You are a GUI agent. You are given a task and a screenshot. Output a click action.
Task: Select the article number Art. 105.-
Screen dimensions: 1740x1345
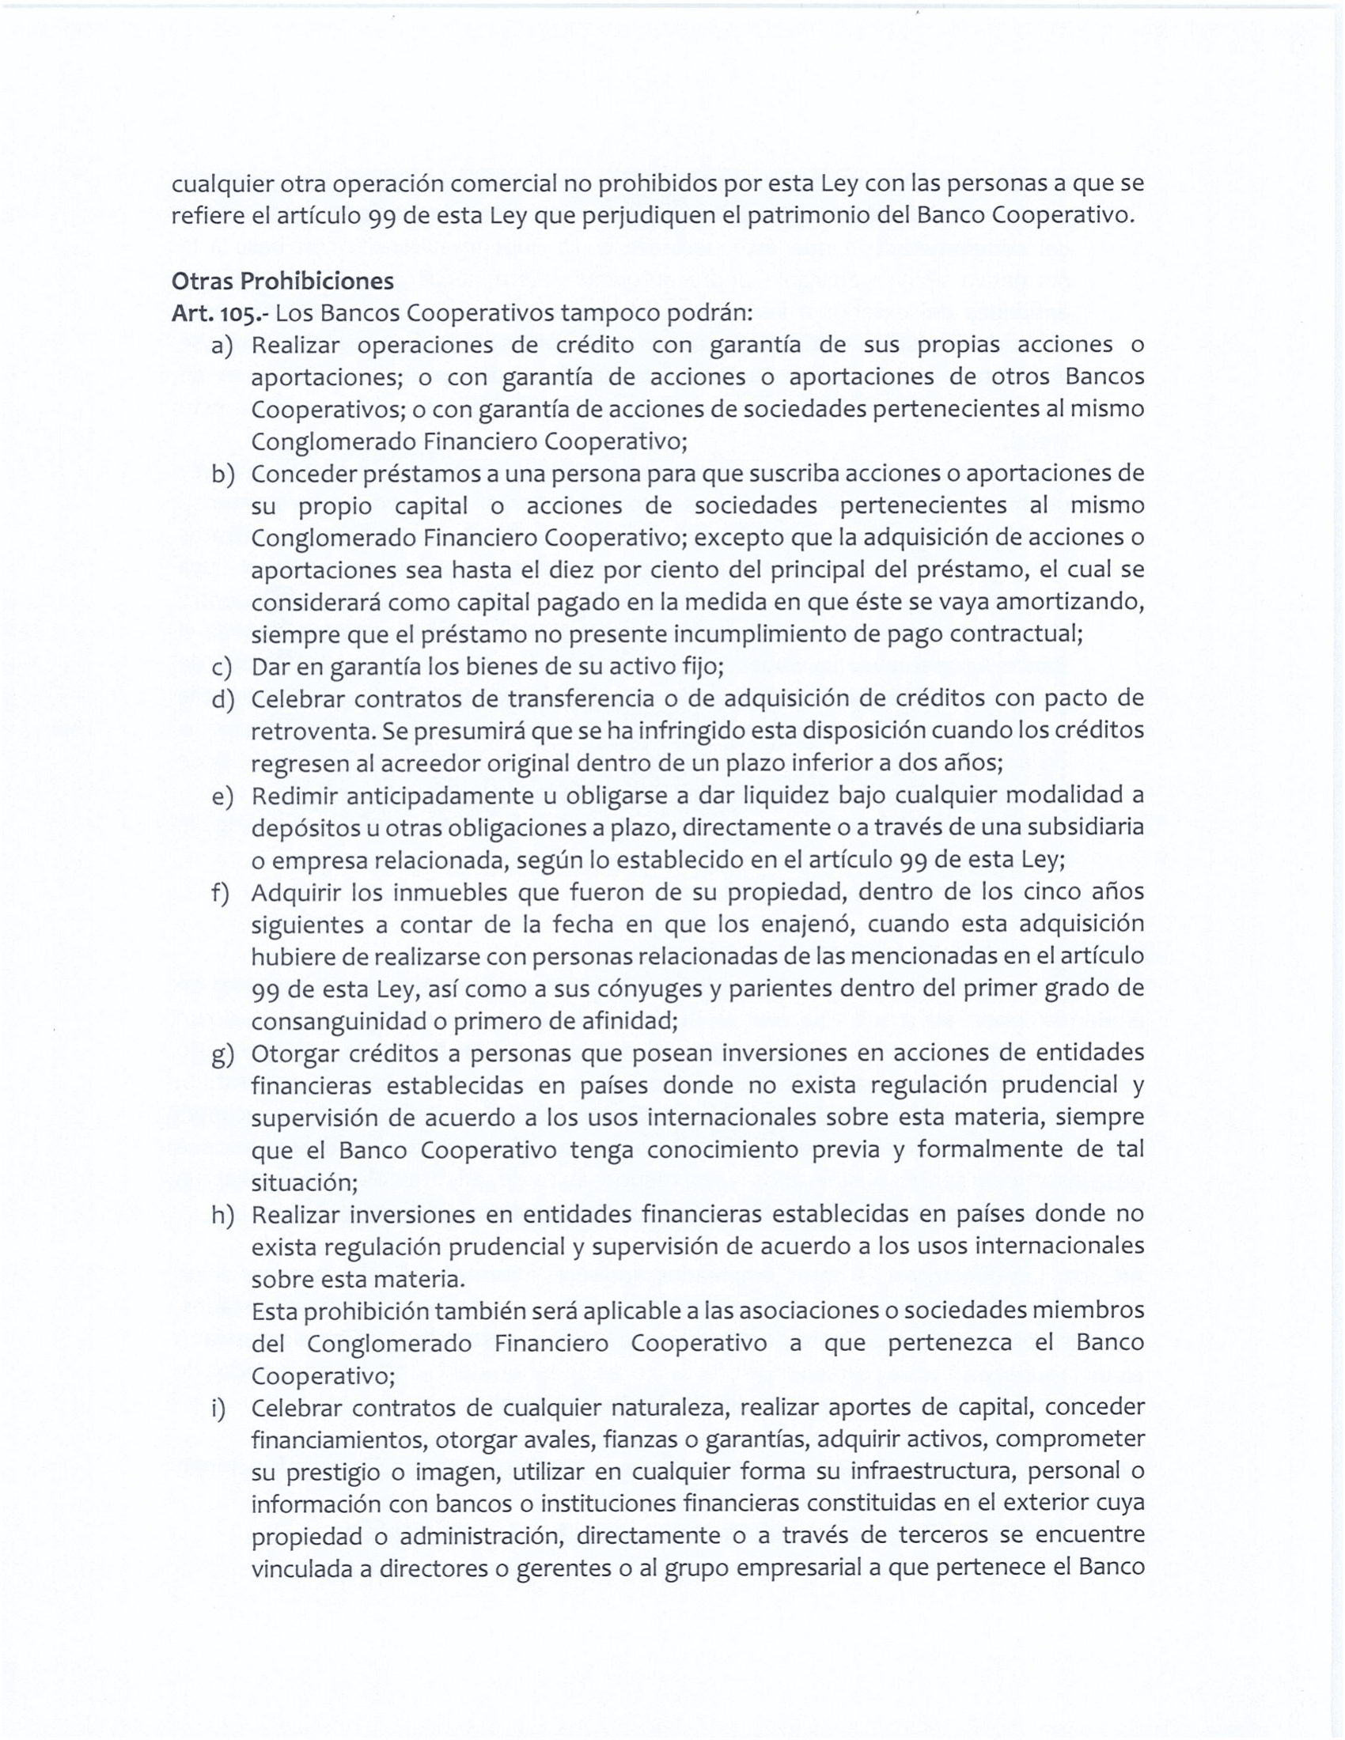[220, 313]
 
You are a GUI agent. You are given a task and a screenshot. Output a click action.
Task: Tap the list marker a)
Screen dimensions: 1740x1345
[222, 346]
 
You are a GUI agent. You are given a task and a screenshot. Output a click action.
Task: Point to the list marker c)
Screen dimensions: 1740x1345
[222, 667]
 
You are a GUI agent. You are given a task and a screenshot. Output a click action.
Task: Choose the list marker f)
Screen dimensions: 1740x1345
[221, 892]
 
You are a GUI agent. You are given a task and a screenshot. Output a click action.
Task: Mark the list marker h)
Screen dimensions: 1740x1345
[222, 1214]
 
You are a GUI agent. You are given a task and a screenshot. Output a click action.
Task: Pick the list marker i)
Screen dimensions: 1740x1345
[218, 1408]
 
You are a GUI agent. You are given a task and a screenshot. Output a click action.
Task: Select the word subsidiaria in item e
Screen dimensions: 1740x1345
[1085, 828]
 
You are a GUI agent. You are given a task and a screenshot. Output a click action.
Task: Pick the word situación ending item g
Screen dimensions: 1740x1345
[305, 1183]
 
